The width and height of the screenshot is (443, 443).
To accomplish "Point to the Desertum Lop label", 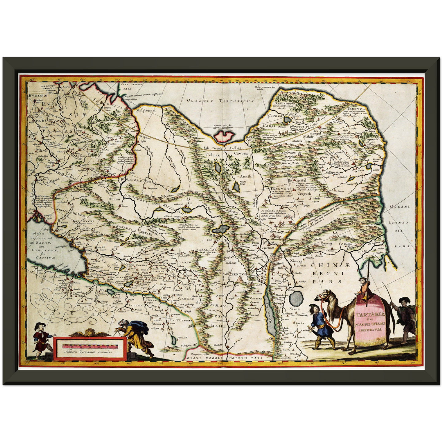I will pyautogui.click(x=270, y=231).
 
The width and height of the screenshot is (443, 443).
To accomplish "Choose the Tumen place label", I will pyautogui.click(x=115, y=199).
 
